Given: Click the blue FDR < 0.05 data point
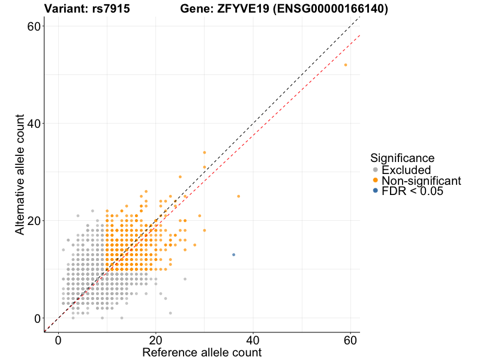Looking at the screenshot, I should point(233,254).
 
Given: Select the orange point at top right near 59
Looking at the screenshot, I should point(346,65).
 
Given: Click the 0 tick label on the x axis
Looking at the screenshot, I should point(59,339).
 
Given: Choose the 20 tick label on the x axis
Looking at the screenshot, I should point(156,339).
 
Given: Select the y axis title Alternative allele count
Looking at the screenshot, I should point(20,174).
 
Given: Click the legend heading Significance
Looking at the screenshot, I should point(402,158).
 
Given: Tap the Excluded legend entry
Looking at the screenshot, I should point(406,170).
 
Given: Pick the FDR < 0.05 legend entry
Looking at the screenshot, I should point(414,190).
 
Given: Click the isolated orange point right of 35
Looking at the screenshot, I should point(238,196).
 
